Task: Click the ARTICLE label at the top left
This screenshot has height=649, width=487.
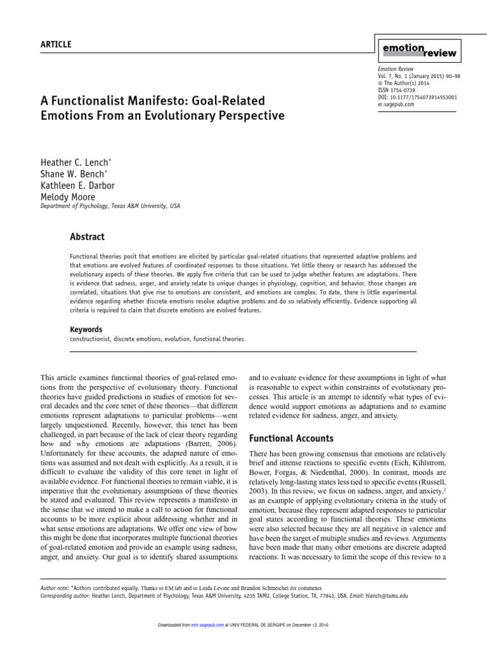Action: pyautogui.click(x=56, y=44)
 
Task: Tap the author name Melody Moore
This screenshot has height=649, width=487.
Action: pyautogui.click(x=68, y=197)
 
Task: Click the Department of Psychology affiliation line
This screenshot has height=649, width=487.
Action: pyautogui.click(x=110, y=206)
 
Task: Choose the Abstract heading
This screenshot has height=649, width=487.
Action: pyautogui.click(x=87, y=236)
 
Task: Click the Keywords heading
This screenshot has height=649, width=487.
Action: pyautogui.click(x=86, y=330)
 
